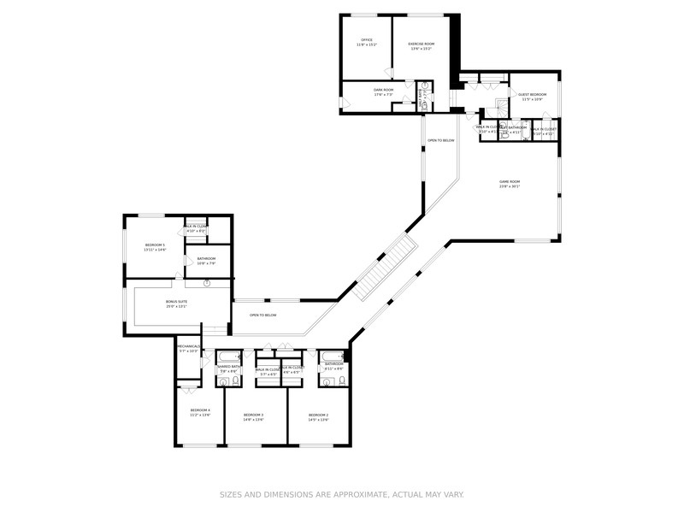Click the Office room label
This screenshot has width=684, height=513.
(x=366, y=39)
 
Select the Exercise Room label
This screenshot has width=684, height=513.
(x=422, y=44)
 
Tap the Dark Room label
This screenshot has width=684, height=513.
(x=383, y=90)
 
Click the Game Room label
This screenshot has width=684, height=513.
(x=510, y=181)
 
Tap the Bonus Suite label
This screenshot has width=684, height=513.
(x=176, y=302)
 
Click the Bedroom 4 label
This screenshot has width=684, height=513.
(x=200, y=410)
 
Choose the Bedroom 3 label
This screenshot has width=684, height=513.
(x=253, y=415)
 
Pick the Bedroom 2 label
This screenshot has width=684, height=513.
(x=318, y=415)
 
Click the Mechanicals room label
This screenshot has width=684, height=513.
(x=188, y=346)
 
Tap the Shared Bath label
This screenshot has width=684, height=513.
(x=228, y=367)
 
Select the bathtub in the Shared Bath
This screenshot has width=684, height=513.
(x=229, y=356)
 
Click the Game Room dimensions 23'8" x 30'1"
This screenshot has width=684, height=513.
(x=510, y=186)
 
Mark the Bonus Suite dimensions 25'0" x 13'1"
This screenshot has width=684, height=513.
(x=176, y=307)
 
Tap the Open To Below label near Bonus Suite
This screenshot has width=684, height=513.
(x=262, y=315)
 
